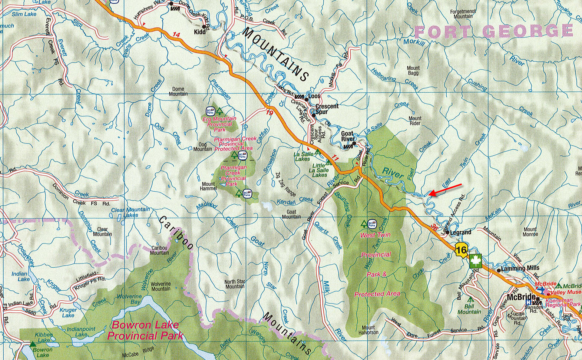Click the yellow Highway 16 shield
pos(461,250)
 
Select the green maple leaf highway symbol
pos(475,261)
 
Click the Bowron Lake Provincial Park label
pos(145,330)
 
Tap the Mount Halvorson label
pos(368,330)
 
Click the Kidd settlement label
pos(199,32)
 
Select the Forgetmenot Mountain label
pos(463,14)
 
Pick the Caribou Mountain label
pos(159,250)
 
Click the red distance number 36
pos(434,227)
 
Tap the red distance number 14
pos(176,35)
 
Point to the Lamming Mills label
pos(520,268)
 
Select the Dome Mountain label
pos(178,91)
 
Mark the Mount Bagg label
pos(413,70)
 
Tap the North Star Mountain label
pos(235,284)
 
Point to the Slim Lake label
pos(24,14)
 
